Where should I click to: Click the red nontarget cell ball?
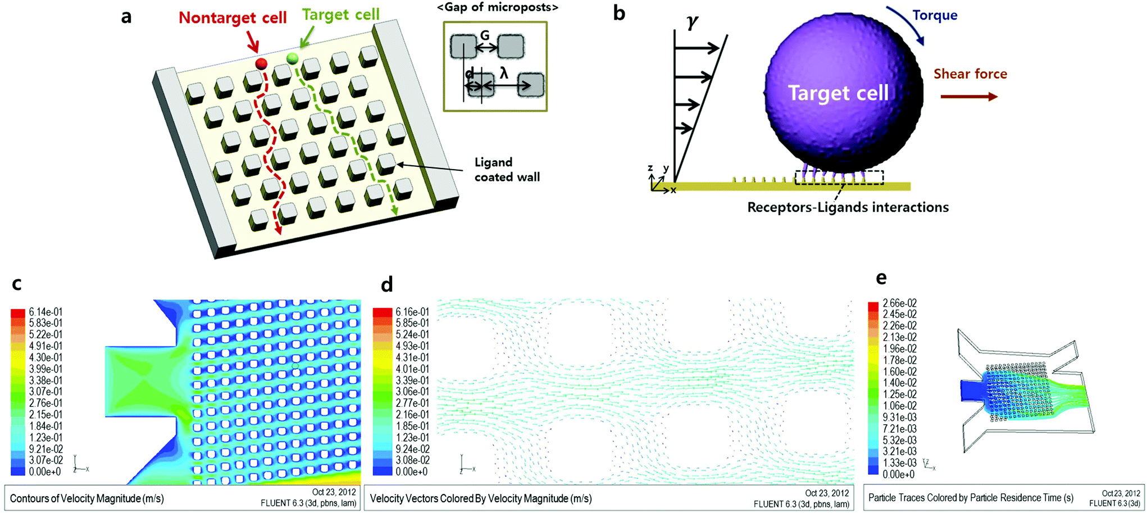(x=261, y=63)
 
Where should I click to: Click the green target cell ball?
(x=292, y=58)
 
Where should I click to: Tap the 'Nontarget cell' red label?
(x=233, y=17)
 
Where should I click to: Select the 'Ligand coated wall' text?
(x=507, y=170)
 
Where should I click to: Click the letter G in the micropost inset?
(x=485, y=35)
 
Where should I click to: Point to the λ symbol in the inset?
(x=504, y=73)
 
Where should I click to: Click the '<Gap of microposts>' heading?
(x=498, y=7)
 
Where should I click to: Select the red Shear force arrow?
(x=969, y=97)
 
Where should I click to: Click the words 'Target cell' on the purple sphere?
(x=838, y=93)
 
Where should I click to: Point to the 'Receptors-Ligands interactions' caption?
(x=848, y=207)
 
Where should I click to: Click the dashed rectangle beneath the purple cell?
(x=839, y=178)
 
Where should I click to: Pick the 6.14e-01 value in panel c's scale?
(x=45, y=312)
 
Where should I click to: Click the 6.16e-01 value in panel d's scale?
(x=412, y=312)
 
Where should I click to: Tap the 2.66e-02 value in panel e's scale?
(x=899, y=303)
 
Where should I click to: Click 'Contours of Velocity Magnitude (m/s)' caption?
(x=87, y=498)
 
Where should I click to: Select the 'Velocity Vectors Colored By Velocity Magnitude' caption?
(x=480, y=498)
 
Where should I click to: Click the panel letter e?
(x=881, y=278)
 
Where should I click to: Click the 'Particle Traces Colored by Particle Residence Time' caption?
(x=971, y=498)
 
